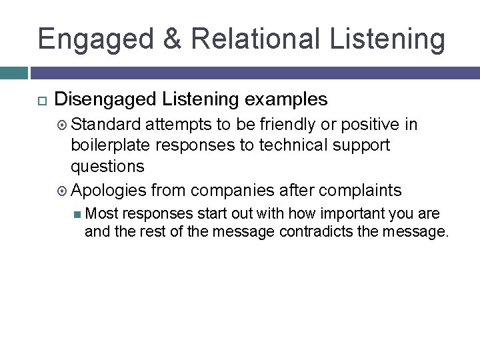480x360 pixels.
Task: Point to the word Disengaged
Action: [105, 100]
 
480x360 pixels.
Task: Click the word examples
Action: [286, 100]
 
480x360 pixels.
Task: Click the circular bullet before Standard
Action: [63, 125]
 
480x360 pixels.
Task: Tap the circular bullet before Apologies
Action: [63, 191]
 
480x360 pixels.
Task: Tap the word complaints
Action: [360, 191]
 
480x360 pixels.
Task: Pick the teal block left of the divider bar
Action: [13, 73]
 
